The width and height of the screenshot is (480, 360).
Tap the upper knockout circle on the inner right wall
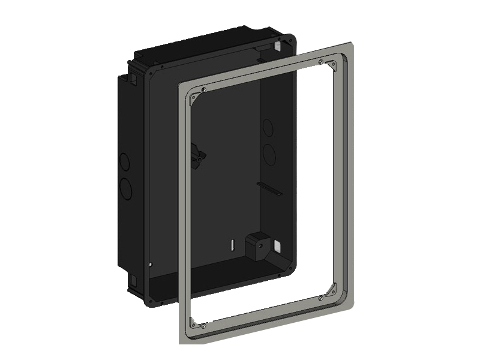268,128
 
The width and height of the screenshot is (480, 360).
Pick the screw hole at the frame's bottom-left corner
204,325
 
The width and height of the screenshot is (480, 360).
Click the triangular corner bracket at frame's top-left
193,100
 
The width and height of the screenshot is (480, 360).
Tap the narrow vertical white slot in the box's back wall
231,245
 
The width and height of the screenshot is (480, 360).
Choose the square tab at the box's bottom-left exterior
129,280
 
